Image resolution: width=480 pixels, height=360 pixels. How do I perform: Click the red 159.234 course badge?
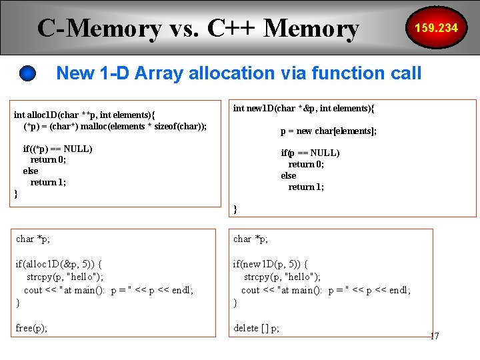click(x=436, y=28)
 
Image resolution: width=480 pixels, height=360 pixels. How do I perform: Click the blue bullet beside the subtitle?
click(x=28, y=73)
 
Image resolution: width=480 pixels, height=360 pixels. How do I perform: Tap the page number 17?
click(x=434, y=336)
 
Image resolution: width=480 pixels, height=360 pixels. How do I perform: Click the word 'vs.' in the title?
click(x=184, y=29)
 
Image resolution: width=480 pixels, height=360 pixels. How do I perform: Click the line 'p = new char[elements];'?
click(x=328, y=131)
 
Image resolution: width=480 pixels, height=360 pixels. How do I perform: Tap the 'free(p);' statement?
click(x=31, y=328)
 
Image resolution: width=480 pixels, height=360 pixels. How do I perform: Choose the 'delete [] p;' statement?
click(x=256, y=328)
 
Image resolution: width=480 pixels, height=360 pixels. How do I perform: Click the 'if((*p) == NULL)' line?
click(x=57, y=149)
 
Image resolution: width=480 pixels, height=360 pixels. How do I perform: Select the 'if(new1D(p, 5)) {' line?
click(x=270, y=264)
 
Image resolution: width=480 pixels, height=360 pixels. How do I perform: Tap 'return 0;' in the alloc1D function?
click(x=48, y=160)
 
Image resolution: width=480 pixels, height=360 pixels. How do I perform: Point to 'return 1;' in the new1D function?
click(x=306, y=187)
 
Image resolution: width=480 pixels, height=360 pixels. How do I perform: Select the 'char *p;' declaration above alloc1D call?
click(x=33, y=239)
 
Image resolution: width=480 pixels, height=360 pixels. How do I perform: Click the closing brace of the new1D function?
click(x=235, y=209)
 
